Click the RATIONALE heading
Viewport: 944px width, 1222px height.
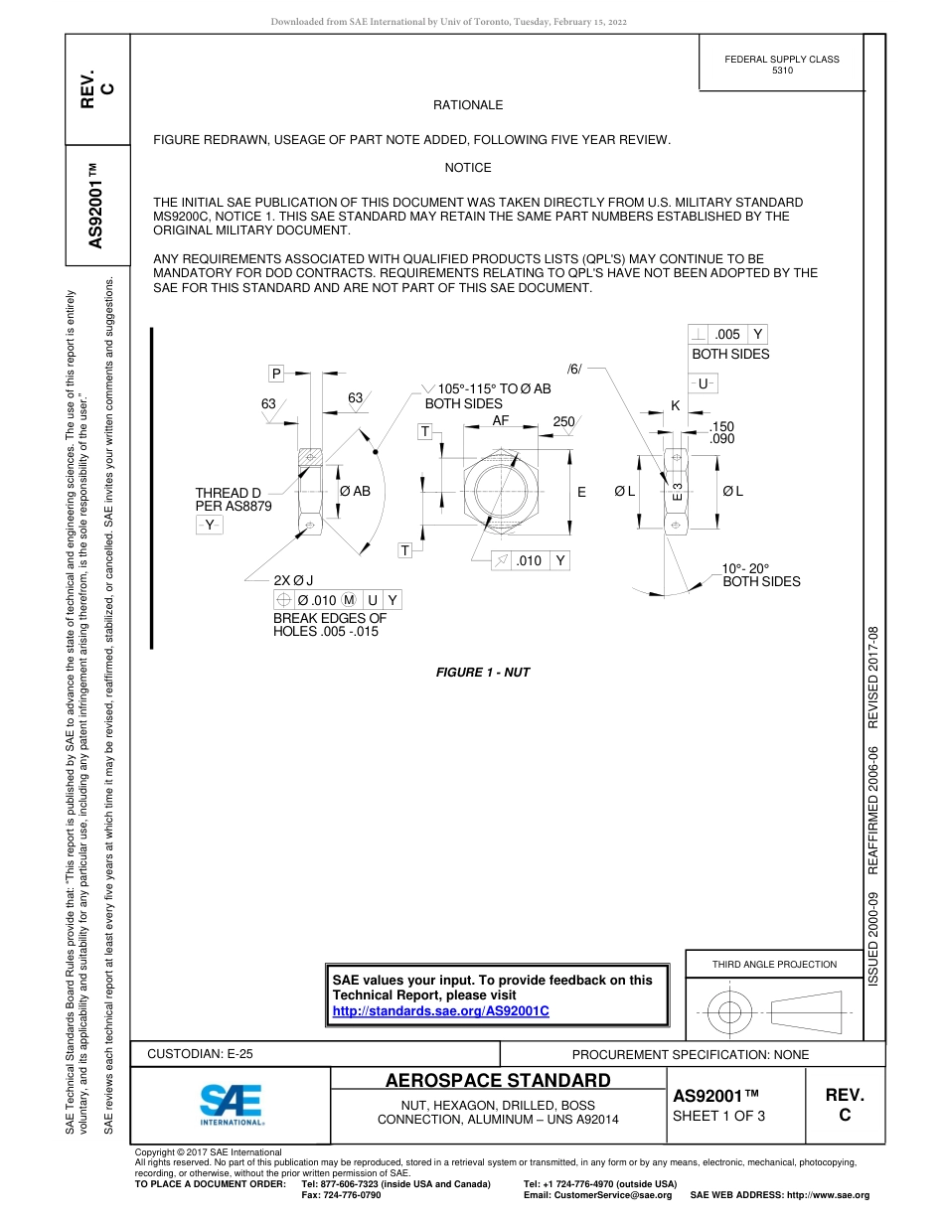(467, 105)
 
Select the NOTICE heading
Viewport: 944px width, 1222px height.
(467, 168)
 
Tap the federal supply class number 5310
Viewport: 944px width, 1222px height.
(782, 72)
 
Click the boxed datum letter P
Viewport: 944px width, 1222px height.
(276, 374)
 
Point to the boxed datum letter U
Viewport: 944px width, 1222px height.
(703, 383)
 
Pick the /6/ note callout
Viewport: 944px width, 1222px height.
(574, 370)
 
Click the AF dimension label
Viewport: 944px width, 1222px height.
(501, 421)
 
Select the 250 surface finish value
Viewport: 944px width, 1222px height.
(563, 422)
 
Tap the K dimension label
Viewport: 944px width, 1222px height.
(675, 406)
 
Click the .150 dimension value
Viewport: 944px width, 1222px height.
(721, 426)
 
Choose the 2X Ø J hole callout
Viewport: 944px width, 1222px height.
(293, 580)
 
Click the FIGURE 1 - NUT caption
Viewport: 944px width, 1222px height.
(483, 673)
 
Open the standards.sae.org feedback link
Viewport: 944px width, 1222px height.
(440, 1010)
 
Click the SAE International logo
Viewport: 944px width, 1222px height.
(232, 1104)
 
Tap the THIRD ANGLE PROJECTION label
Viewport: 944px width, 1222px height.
(774, 964)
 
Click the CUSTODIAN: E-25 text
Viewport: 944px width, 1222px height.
(200, 1054)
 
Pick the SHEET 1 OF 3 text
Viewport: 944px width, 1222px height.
(719, 1116)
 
